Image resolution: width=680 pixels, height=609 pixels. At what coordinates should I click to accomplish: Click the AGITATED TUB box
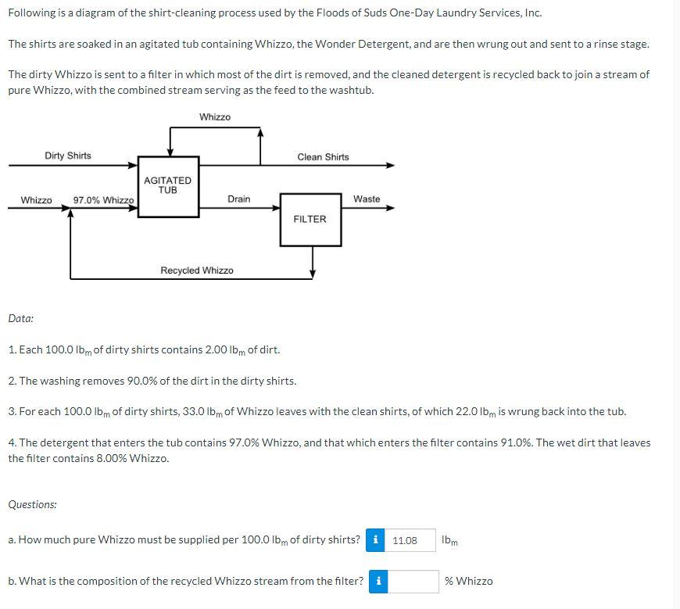168,185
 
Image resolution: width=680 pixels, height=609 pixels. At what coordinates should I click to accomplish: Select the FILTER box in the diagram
310,219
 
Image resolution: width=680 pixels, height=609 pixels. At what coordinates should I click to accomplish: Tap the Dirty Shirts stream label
68,156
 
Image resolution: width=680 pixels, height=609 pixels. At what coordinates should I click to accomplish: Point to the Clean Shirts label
323,157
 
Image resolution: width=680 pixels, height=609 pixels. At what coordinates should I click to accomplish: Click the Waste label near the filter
367,199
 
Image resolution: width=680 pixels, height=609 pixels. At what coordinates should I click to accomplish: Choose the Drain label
239,199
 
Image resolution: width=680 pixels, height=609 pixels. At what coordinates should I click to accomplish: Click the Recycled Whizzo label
197,270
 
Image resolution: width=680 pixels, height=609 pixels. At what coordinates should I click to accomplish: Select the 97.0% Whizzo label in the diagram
103,200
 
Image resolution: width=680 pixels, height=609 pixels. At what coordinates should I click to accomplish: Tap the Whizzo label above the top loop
215,117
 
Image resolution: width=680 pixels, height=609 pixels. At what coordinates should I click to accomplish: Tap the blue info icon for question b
378,581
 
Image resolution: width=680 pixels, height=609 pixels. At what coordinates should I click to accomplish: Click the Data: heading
21,318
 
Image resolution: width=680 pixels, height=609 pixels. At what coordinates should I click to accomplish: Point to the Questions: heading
32,504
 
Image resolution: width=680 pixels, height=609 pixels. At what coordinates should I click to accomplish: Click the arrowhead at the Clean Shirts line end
390,166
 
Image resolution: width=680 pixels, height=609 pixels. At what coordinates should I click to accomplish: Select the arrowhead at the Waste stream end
390,208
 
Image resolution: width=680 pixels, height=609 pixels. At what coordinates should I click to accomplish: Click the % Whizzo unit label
469,581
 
